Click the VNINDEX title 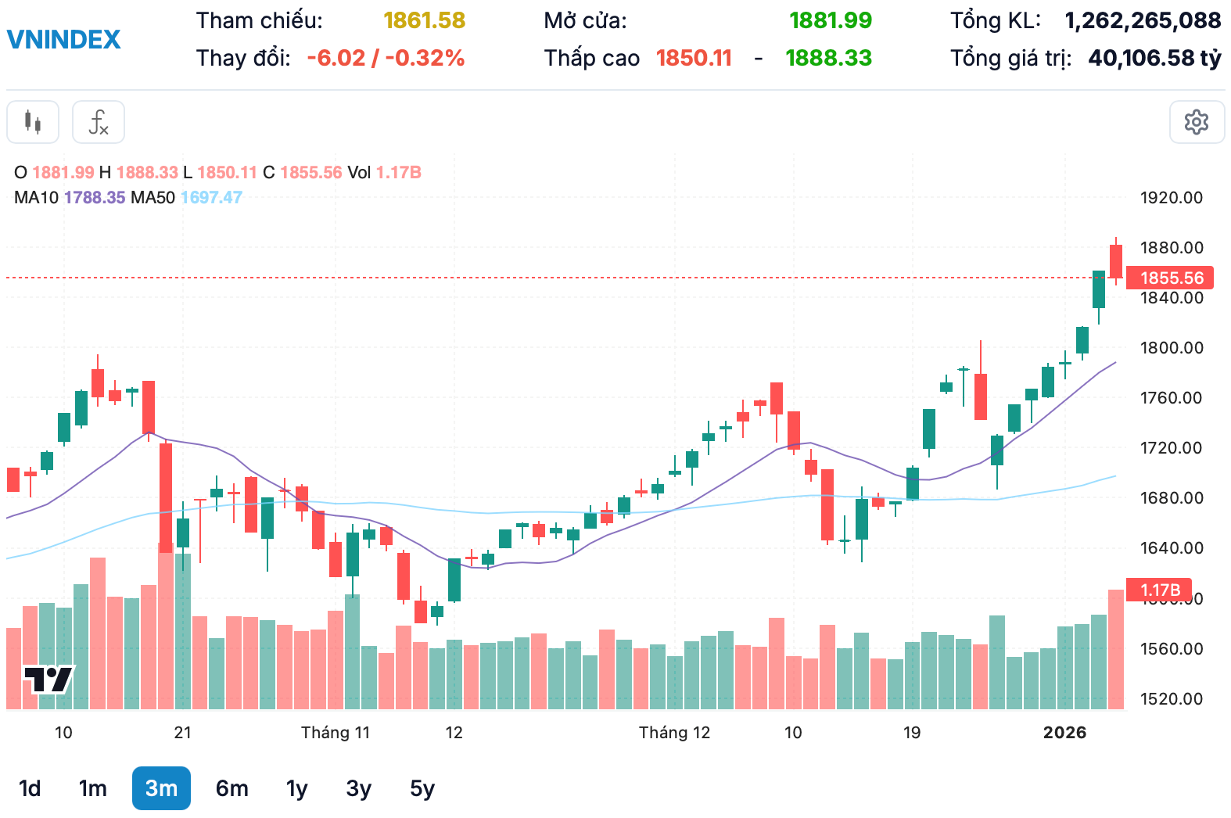coord(63,39)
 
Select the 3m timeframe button coord(161,788)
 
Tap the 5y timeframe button coord(422,788)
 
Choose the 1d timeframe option coord(30,788)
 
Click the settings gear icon coord(1197,122)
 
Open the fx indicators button coord(99,122)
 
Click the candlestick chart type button coord(33,122)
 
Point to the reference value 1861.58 coord(424,20)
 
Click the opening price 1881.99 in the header coord(830,20)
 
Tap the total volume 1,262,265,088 coord(1143,20)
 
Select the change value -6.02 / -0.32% coord(386,58)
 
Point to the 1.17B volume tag coord(1160,590)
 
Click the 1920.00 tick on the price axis coord(1171,197)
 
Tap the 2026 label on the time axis coord(1064,733)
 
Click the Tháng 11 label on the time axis coord(335,733)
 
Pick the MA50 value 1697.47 coord(211,197)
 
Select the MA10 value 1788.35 coord(95,197)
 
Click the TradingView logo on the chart coord(48,679)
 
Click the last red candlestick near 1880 coord(1116,260)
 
